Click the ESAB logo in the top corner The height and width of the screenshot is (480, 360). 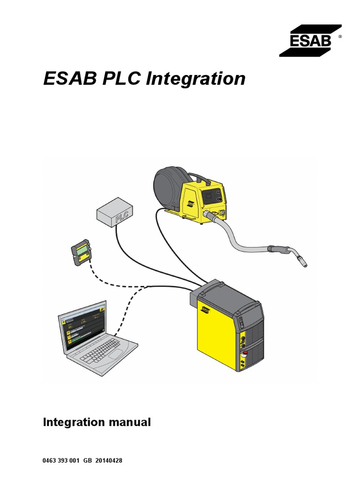[x=305, y=41]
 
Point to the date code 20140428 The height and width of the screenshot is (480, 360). [x=109, y=461]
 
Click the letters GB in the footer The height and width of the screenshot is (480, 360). [x=87, y=461]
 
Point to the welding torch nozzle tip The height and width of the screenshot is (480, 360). [x=305, y=265]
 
